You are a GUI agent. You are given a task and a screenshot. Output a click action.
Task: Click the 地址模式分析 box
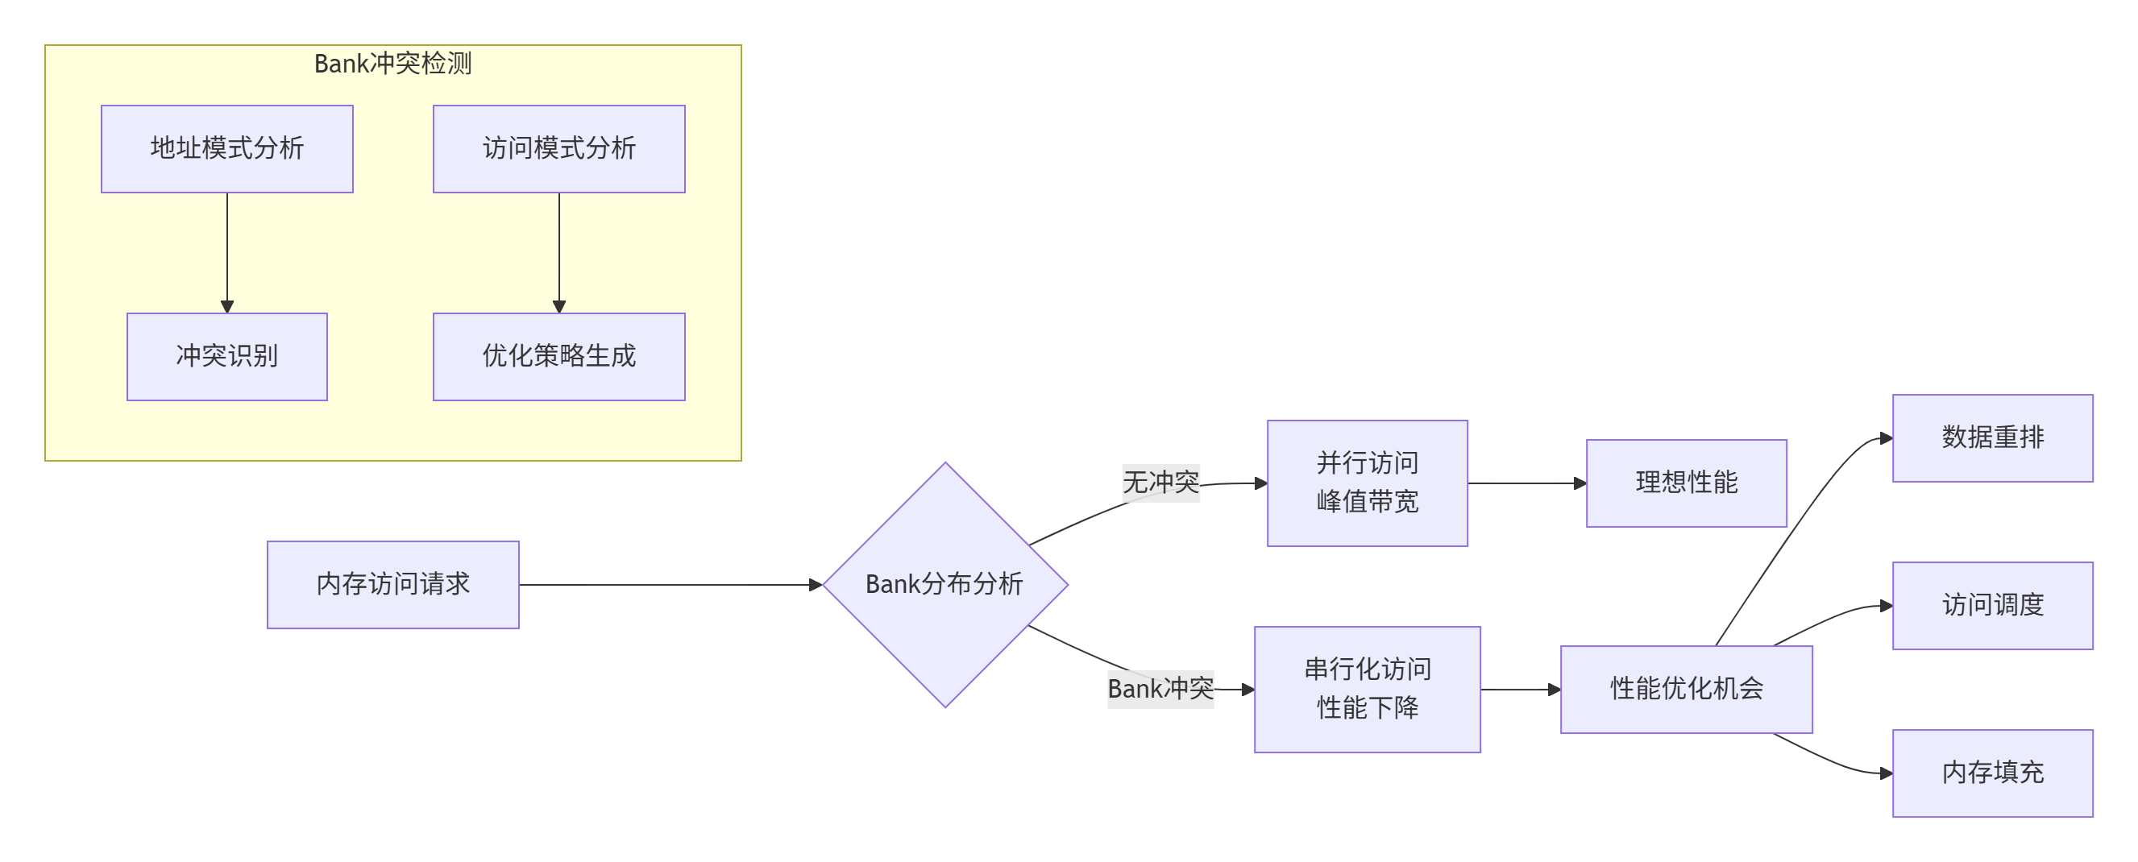(x=226, y=148)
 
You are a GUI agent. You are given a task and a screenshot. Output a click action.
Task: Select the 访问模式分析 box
(x=558, y=148)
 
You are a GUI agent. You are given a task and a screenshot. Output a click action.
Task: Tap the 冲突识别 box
(x=226, y=356)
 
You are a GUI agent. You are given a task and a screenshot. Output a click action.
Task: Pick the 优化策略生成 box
(x=558, y=356)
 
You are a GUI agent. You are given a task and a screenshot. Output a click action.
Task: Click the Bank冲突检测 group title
(x=392, y=63)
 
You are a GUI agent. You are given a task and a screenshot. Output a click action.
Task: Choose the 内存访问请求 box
(x=392, y=584)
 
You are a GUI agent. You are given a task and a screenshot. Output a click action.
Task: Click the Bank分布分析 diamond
(x=944, y=584)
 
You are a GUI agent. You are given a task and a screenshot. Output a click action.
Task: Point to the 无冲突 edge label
(x=1160, y=482)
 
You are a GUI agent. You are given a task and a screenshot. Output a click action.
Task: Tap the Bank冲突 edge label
(x=1160, y=689)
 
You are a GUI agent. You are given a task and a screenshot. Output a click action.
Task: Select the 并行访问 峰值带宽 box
(x=1367, y=483)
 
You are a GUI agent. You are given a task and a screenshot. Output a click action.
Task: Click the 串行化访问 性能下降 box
(x=1367, y=689)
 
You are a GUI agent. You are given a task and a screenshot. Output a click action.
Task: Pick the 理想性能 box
(x=1686, y=483)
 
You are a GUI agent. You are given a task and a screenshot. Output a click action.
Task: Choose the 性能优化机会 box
(x=1686, y=689)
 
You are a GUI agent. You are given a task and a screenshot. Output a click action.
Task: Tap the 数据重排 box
(x=1992, y=437)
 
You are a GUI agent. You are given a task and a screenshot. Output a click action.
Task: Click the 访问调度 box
(x=1992, y=605)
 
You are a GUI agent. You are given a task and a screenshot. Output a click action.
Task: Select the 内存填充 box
(x=1992, y=773)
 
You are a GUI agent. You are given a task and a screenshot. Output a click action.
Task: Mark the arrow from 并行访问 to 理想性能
(x=1526, y=483)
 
